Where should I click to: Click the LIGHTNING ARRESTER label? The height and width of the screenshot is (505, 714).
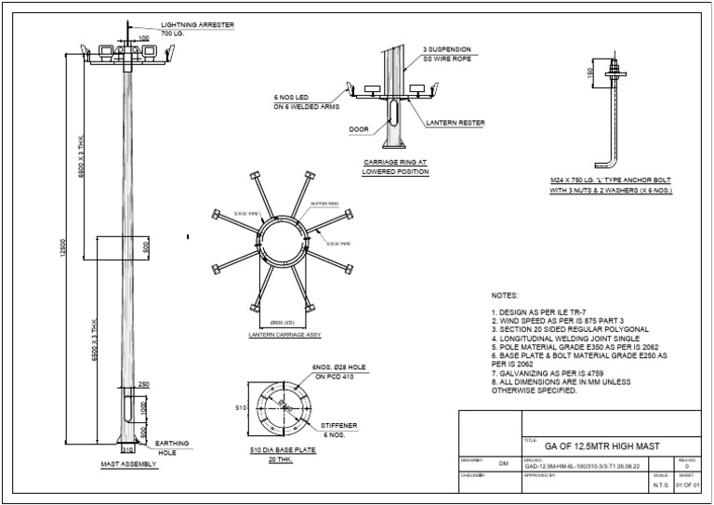pyautogui.click(x=196, y=24)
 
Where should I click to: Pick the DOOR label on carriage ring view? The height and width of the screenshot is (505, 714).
pyautogui.click(x=359, y=129)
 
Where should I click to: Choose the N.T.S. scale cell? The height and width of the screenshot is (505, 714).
pyautogui.click(x=661, y=485)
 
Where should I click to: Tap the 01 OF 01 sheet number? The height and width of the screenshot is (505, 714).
pyautogui.click(x=688, y=485)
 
